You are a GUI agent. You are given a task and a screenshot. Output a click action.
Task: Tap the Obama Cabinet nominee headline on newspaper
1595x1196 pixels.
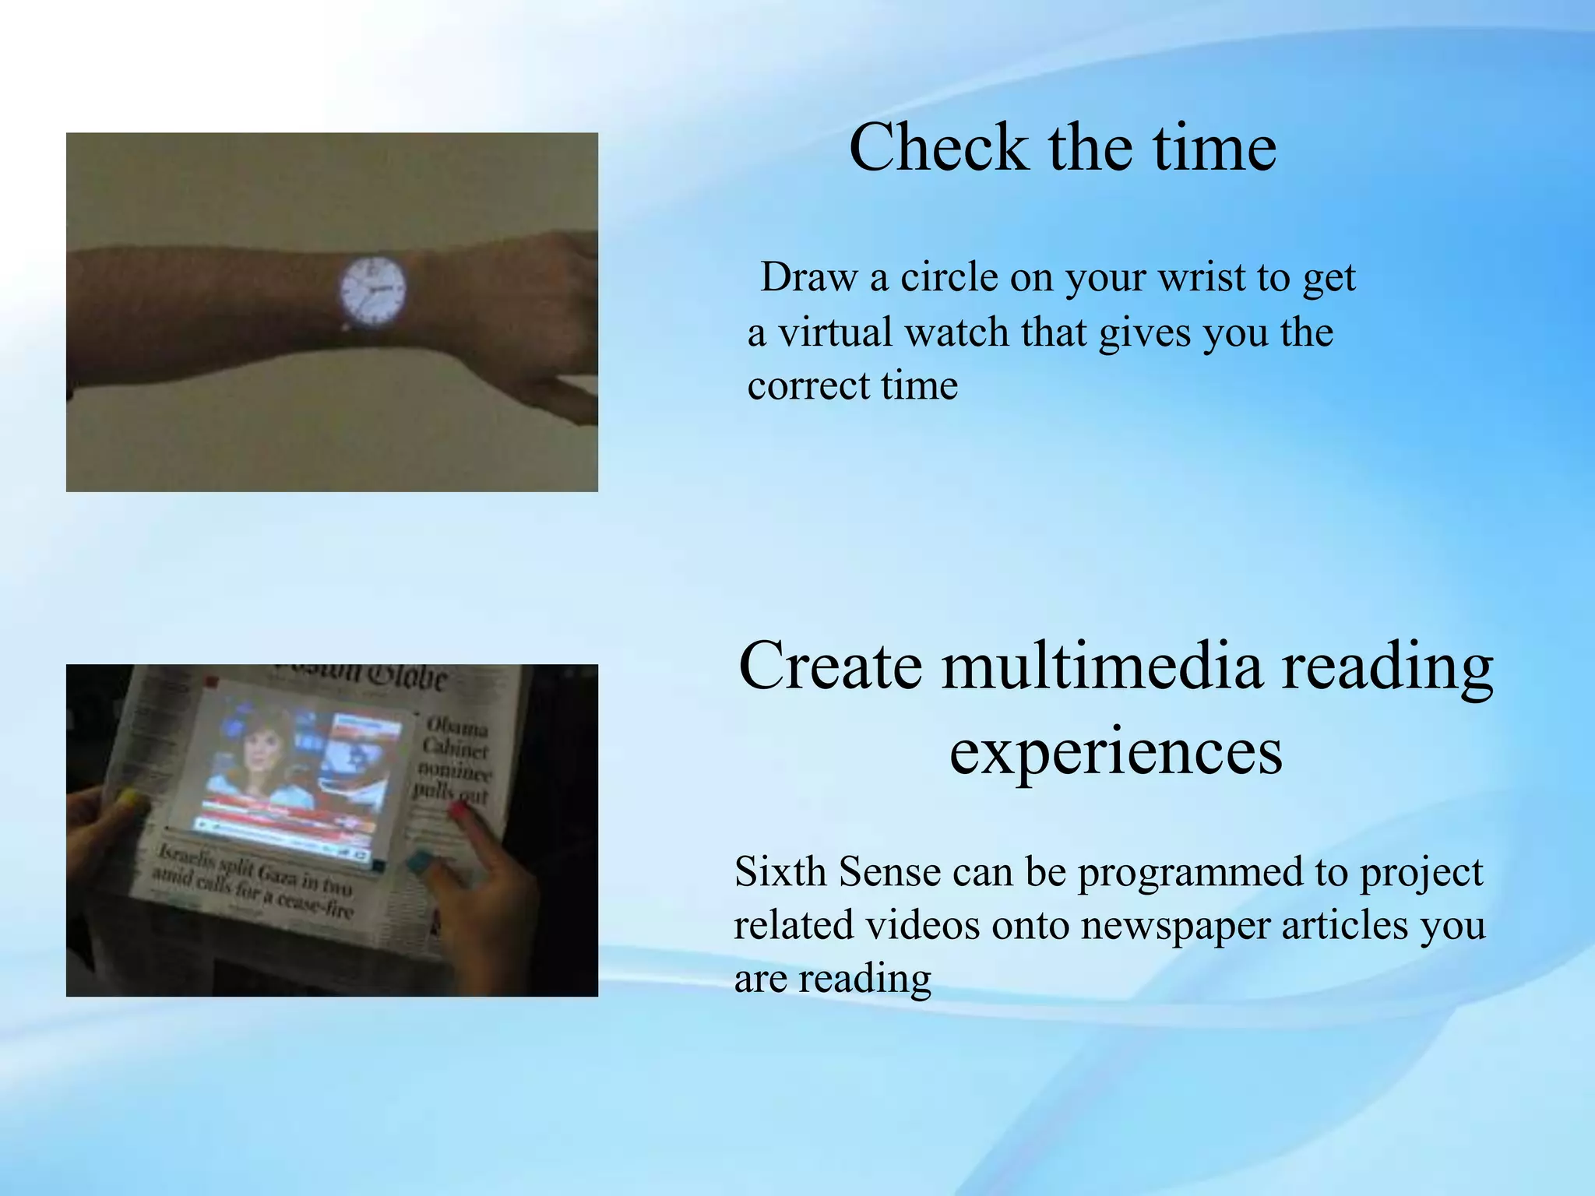pyautogui.click(x=455, y=759)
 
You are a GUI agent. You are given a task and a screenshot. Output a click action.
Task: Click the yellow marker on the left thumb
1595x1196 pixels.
pyautogui.click(x=128, y=797)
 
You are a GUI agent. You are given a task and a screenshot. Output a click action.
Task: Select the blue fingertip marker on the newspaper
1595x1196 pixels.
pyautogui.click(x=421, y=860)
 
